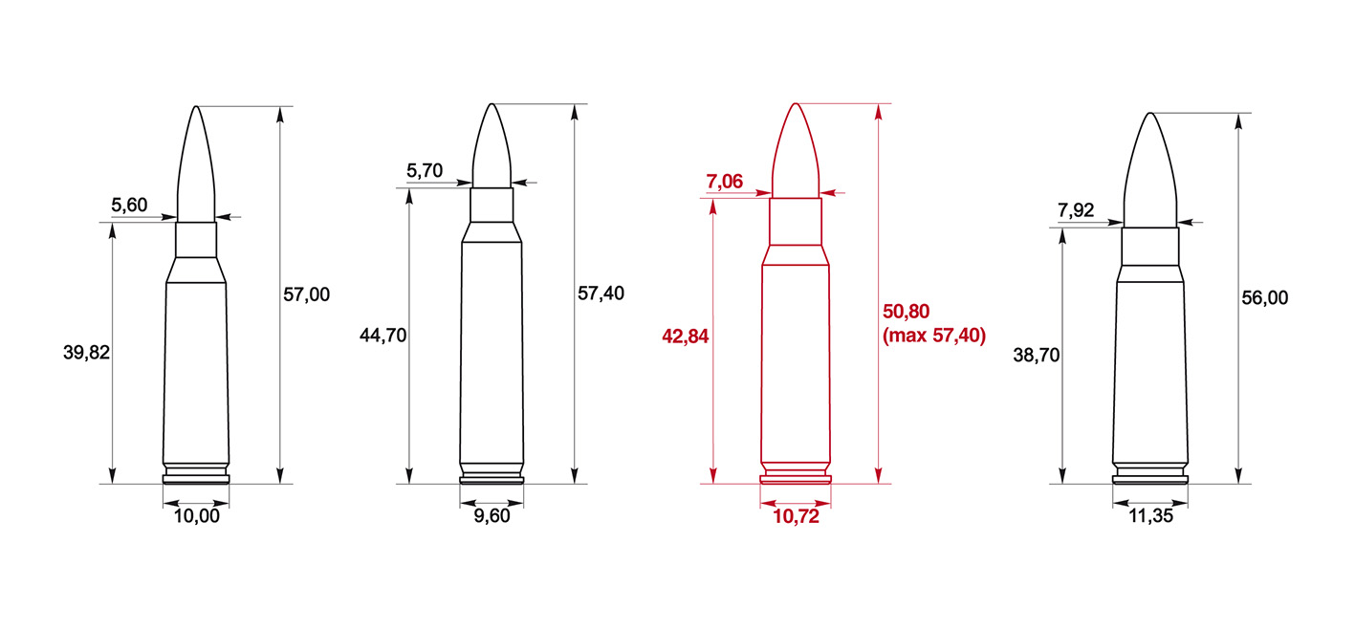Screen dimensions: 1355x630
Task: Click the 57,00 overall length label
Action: click(x=307, y=294)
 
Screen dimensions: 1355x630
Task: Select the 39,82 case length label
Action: click(x=86, y=352)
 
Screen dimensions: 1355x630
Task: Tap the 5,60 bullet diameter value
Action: click(x=129, y=205)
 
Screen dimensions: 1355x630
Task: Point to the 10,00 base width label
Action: click(x=197, y=515)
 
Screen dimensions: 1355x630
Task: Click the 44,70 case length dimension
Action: click(x=382, y=335)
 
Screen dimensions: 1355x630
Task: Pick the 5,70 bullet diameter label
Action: click(x=425, y=170)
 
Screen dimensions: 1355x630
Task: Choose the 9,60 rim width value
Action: click(x=492, y=515)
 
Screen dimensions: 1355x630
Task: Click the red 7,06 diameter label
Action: click(x=724, y=181)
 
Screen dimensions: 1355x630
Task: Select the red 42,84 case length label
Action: click(x=686, y=336)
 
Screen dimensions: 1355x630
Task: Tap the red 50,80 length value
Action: click(x=906, y=312)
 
